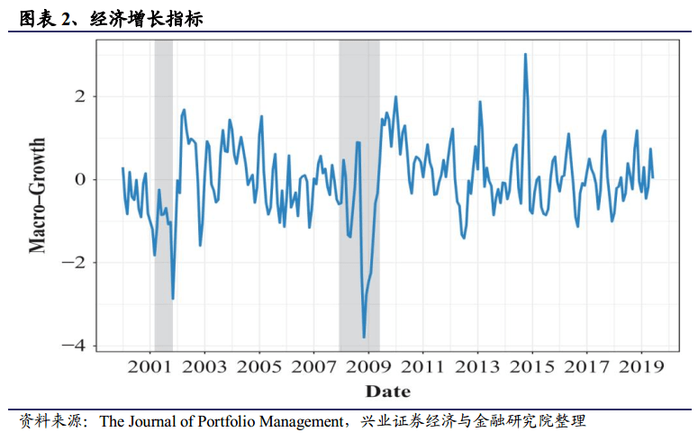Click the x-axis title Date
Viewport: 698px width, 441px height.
click(x=387, y=391)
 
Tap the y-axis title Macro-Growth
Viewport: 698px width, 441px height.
click(x=39, y=194)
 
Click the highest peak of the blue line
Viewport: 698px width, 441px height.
click(x=525, y=55)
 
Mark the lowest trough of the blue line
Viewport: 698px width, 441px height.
click(x=364, y=337)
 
